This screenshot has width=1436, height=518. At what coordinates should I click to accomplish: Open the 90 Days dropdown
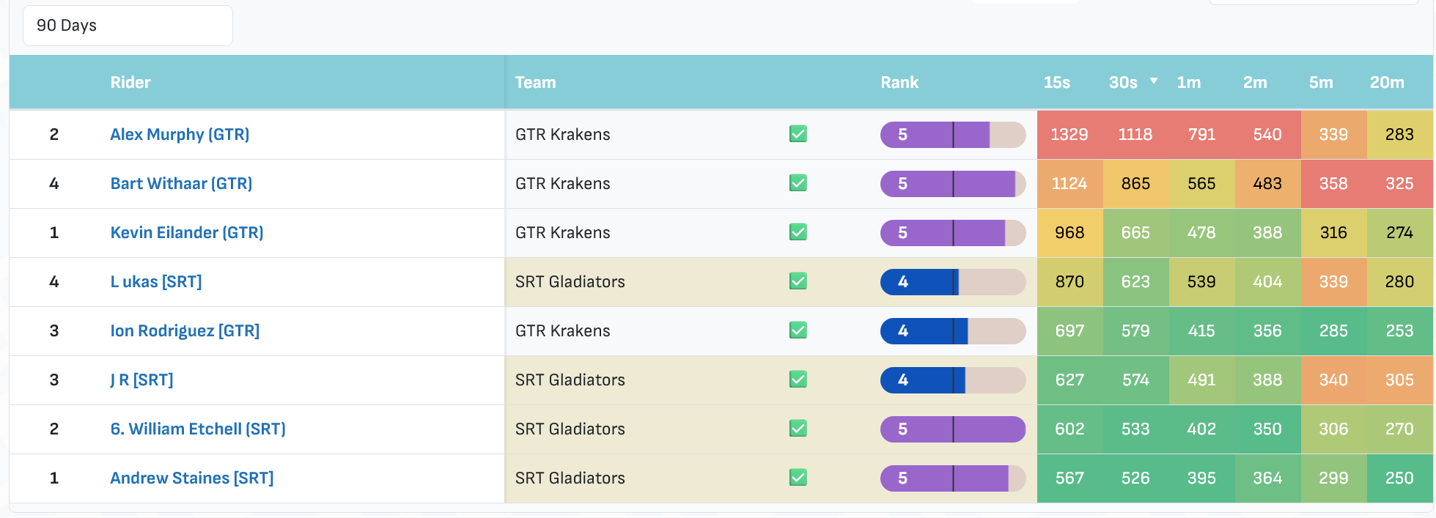(x=128, y=26)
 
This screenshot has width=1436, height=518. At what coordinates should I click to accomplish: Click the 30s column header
(x=1123, y=83)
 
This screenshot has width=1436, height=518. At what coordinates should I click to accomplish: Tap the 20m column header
(x=1387, y=83)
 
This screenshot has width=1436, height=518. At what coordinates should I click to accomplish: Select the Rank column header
(x=899, y=83)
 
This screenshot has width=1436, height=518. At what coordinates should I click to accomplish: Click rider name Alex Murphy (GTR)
(x=180, y=135)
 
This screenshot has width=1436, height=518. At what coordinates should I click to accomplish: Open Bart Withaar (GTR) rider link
(x=181, y=184)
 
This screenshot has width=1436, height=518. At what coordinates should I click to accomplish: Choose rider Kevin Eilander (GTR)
(x=187, y=233)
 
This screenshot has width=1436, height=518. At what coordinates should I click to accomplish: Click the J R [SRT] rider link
(x=141, y=380)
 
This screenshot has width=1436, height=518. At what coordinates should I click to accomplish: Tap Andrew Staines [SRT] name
(x=192, y=478)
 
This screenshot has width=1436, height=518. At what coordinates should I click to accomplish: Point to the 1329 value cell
(x=1069, y=135)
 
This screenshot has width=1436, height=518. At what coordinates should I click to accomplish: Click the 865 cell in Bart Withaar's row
(x=1135, y=184)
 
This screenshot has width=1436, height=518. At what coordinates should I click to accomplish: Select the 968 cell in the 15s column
(x=1069, y=233)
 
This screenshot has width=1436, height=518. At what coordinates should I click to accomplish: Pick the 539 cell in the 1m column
(x=1201, y=282)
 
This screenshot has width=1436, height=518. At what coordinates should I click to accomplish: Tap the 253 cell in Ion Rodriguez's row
(x=1399, y=331)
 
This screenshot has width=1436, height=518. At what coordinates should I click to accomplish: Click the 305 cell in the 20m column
(x=1399, y=380)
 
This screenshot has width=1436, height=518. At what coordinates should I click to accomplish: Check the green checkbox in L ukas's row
(x=798, y=281)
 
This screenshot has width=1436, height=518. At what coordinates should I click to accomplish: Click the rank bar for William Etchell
(x=953, y=429)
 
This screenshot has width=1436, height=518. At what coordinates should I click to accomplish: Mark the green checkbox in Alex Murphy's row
(x=798, y=134)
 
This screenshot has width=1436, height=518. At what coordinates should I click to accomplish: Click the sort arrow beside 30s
(x=1154, y=81)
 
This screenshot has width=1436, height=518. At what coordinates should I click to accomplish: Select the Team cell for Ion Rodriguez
(x=562, y=331)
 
